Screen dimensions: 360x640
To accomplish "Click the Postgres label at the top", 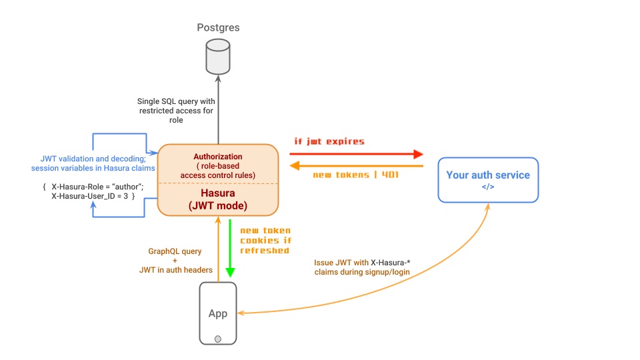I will coord(218,27).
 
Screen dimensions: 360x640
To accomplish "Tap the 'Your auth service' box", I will coord(487,179).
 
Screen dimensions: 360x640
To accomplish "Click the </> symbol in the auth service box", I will coord(488,187).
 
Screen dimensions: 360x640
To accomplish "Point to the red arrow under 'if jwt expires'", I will coord(356,154).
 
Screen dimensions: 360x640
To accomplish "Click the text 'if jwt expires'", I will coord(329,141).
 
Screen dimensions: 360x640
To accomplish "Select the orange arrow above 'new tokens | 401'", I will coord(356,166).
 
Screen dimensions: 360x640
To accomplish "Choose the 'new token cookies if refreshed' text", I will coord(265,240).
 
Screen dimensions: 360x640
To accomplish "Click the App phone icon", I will coord(218,313).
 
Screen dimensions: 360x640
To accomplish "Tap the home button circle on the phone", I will coord(218,339).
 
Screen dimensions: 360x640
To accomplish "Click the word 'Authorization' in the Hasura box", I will coord(217,157).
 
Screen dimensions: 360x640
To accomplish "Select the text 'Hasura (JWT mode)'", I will coord(217,199).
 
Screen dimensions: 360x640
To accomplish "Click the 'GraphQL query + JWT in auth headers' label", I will coord(174,261).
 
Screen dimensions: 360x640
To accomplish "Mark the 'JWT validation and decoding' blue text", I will coord(93,163).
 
